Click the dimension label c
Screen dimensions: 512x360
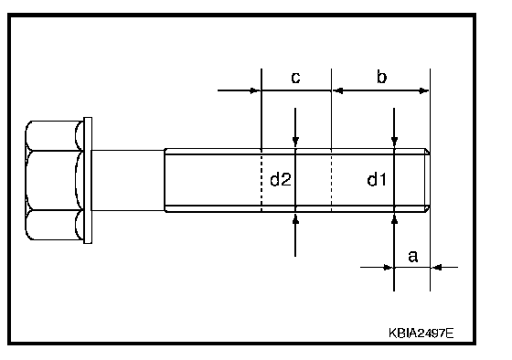pos(295,78)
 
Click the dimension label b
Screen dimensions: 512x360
pos(382,77)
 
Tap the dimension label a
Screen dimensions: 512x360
pos(413,256)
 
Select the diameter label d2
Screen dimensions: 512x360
pos(281,179)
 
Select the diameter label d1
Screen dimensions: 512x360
pos(377,179)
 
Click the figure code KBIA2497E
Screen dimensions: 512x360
pos(421,334)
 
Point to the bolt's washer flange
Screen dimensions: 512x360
pos(88,180)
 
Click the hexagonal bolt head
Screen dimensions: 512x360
pos(54,180)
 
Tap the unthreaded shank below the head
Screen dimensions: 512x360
pos(128,180)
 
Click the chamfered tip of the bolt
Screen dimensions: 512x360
pos(428,180)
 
